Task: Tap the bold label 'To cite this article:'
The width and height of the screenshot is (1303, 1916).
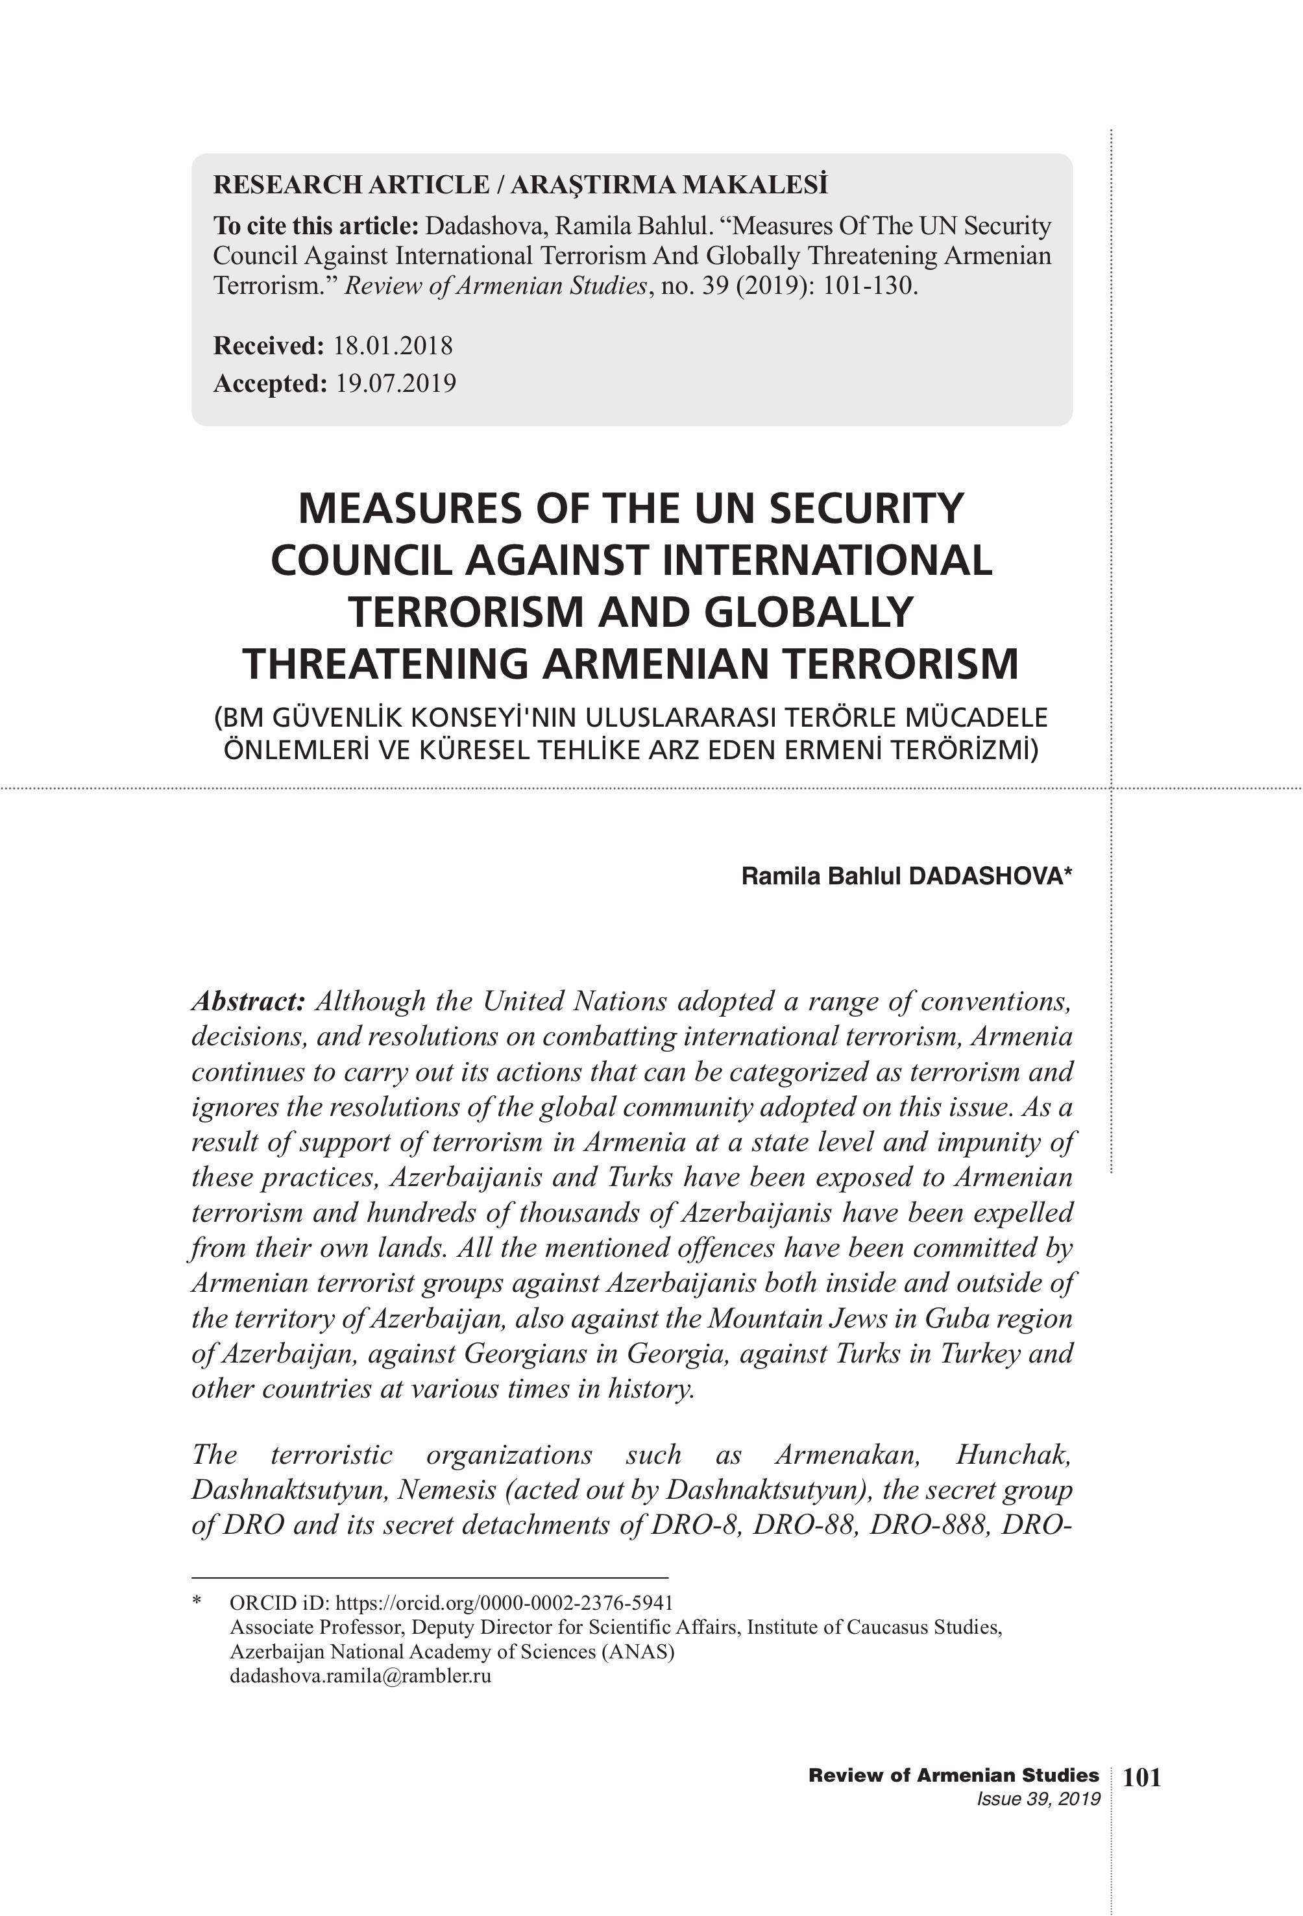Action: (x=316, y=226)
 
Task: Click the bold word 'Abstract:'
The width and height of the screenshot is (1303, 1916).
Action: (x=249, y=1002)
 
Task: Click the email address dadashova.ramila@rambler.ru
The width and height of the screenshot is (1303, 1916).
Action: (x=360, y=1675)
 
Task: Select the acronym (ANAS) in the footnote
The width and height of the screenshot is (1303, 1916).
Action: (x=637, y=1651)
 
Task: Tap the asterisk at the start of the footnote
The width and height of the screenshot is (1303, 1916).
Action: (x=197, y=1602)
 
